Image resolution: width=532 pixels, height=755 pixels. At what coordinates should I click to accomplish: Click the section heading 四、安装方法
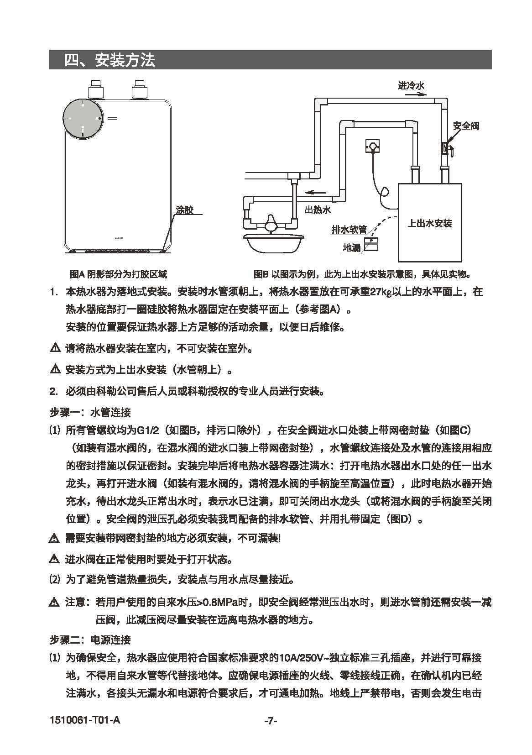(x=110, y=60)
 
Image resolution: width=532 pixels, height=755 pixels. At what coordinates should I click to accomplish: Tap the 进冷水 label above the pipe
(x=411, y=85)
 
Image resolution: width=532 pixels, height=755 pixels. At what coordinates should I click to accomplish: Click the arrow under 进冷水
(x=416, y=94)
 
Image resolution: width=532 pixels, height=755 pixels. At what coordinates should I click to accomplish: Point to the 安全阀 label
(x=466, y=126)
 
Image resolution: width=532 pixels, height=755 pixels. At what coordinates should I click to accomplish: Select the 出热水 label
(x=318, y=210)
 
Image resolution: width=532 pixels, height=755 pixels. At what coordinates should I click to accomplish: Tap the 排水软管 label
(x=349, y=230)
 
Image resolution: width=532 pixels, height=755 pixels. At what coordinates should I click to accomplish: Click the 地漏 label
(x=352, y=247)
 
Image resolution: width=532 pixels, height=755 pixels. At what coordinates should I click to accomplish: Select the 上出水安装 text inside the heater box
(x=430, y=223)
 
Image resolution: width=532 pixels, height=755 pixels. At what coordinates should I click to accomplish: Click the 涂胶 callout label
(x=185, y=210)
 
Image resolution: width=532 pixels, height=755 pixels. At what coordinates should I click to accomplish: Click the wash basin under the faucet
(x=270, y=242)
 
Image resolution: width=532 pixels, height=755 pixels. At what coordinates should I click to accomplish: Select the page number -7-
(x=271, y=721)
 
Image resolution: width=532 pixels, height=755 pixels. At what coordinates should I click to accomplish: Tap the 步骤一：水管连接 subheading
(x=90, y=412)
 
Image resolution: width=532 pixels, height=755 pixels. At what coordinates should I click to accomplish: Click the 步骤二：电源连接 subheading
(x=90, y=640)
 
